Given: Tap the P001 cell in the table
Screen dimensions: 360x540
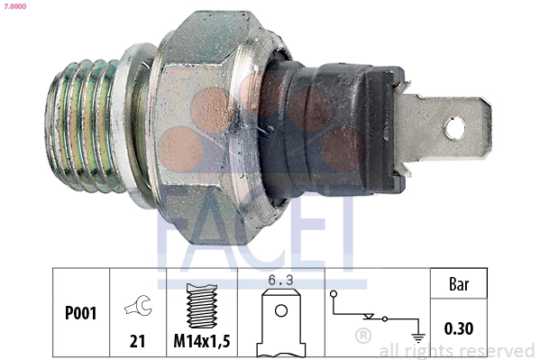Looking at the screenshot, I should tap(80, 314).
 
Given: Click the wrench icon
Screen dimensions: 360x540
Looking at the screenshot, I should tap(138, 306).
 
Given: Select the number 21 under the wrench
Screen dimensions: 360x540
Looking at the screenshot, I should tap(138, 342).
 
